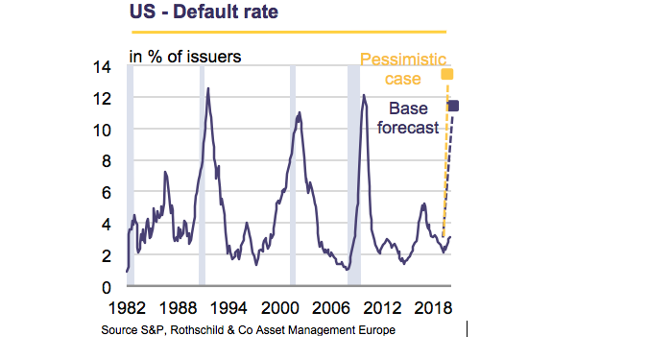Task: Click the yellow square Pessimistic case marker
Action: pos(447,74)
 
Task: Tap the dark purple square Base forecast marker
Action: pos(454,106)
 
